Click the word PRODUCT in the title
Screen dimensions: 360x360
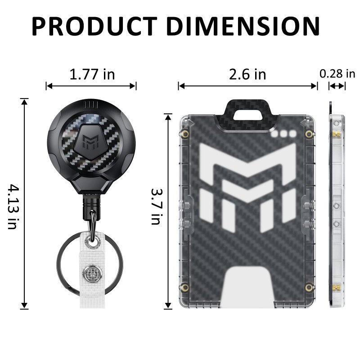pyautogui.click(x=94, y=27)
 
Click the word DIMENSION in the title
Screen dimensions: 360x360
pyautogui.click(x=244, y=27)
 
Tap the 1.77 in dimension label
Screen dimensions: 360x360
pyautogui.click(x=92, y=74)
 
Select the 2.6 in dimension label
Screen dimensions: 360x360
pyautogui.click(x=247, y=74)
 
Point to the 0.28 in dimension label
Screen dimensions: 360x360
pyautogui.click(x=337, y=74)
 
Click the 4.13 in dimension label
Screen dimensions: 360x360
pyautogui.click(x=13, y=206)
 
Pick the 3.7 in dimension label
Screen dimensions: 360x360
pyautogui.click(x=157, y=207)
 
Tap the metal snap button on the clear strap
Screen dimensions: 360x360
pyautogui.click(x=92, y=274)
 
